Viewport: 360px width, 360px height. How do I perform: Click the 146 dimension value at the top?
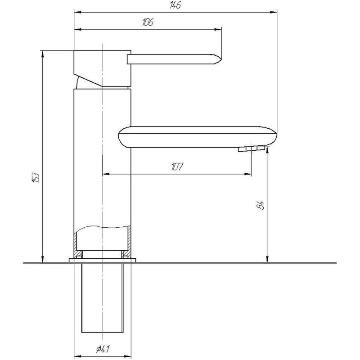coord(175,5)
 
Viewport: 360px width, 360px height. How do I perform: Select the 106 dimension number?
coord(147,23)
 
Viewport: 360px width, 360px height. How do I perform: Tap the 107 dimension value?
coord(177,167)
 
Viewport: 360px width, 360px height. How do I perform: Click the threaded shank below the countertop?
coord(102,297)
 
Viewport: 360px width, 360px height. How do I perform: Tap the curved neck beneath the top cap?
coord(81,82)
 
